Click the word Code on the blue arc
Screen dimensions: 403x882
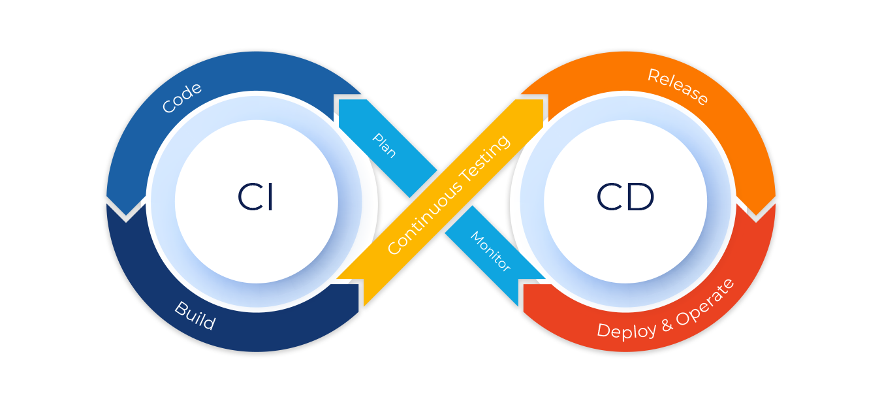click(x=181, y=98)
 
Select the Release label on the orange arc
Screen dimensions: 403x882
click(x=678, y=86)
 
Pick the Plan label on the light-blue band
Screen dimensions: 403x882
click(x=384, y=145)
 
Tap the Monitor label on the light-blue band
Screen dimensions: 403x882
click(x=490, y=251)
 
